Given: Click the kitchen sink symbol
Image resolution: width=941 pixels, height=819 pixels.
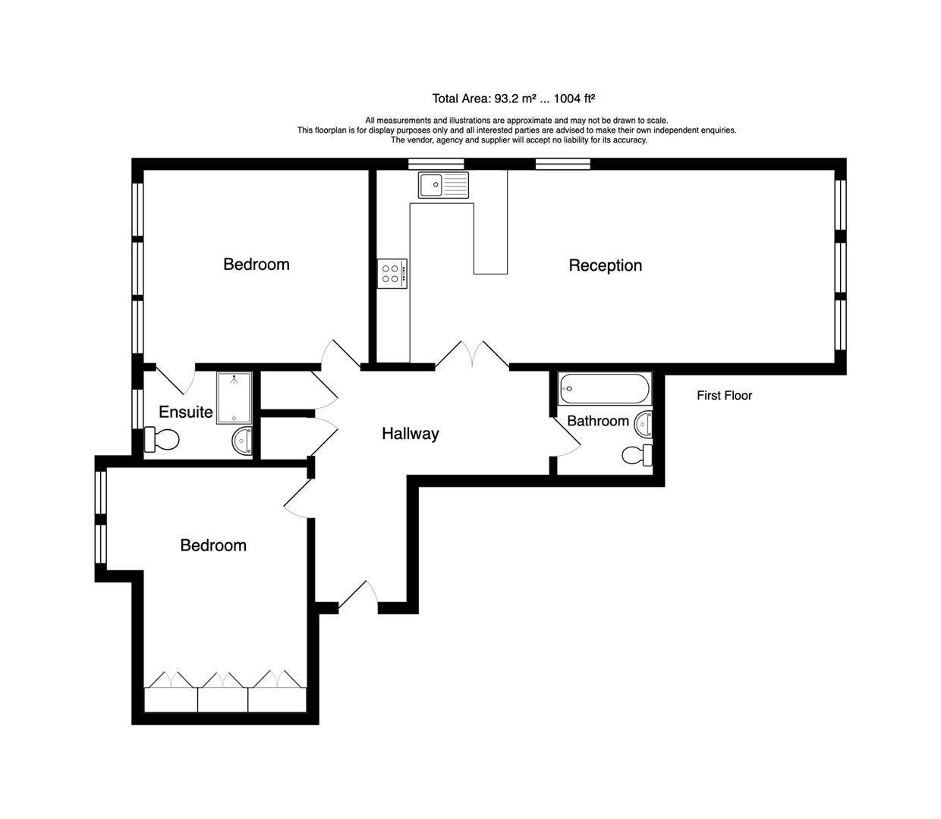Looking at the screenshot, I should [443, 184].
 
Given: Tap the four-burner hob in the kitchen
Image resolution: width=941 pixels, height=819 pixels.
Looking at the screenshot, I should [392, 274].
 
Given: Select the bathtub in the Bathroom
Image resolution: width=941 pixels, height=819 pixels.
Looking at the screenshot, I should [605, 390].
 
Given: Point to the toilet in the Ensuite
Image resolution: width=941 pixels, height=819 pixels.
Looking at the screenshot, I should [162, 439].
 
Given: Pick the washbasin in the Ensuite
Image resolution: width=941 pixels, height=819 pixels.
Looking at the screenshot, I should [243, 441].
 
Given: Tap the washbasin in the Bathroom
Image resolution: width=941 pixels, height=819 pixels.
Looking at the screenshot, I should [644, 424].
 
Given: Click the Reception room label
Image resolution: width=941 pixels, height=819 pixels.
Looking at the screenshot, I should [605, 265].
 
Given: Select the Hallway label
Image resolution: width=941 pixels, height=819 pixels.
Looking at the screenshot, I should [410, 434].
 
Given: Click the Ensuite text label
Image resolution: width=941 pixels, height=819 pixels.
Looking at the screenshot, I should [185, 413].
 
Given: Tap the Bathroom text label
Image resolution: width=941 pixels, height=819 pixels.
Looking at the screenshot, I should [597, 421].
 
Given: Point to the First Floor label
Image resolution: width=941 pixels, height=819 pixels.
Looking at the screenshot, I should [724, 395].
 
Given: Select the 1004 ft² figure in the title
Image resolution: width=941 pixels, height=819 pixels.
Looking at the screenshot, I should [574, 99].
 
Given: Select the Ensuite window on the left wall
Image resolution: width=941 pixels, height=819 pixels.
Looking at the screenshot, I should [137, 409].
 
